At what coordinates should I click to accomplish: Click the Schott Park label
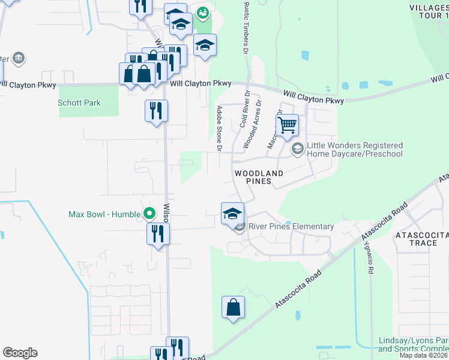[x=79, y=103]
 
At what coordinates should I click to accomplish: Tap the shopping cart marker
[x=288, y=126]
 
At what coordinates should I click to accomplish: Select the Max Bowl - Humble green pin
[x=149, y=214]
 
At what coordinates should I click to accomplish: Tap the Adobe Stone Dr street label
[x=220, y=128]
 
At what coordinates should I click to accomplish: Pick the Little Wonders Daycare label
[x=354, y=149]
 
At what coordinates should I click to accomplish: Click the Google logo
[x=20, y=353]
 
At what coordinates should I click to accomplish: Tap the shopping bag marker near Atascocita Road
[x=233, y=308]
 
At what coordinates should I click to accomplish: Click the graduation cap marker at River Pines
[x=232, y=213]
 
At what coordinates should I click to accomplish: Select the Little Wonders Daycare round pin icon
[x=297, y=148]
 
